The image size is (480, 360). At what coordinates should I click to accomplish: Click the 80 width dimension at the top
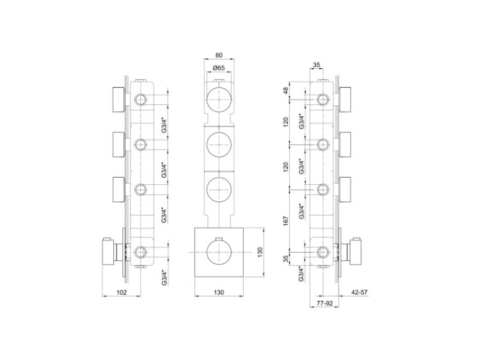coord(219,56)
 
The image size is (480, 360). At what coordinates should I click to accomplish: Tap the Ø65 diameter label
coord(219,68)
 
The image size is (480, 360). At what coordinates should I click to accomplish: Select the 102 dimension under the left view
coord(122,292)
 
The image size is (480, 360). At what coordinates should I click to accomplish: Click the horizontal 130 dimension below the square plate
coord(219,292)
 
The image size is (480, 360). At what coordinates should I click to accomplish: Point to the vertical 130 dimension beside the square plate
coord(260,253)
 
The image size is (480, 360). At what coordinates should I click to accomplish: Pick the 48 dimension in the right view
coord(286,91)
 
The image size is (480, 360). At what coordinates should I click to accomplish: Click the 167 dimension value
coord(286,221)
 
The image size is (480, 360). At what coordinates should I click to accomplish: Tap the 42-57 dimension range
coord(359,292)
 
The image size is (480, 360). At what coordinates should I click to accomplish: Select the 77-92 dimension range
coord(324,304)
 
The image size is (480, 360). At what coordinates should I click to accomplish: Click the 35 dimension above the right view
coord(317,65)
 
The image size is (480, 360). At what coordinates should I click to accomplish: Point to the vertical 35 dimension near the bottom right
coord(286,260)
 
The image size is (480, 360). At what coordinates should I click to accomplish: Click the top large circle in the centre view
coord(219,99)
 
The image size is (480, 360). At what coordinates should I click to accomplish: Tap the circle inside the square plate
coord(219,253)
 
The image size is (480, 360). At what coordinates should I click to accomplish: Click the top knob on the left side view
coord(118,99)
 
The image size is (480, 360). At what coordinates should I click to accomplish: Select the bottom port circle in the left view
coord(141,253)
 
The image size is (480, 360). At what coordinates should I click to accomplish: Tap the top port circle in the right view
coord(323,99)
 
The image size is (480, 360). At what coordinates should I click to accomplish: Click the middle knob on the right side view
coord(346,145)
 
